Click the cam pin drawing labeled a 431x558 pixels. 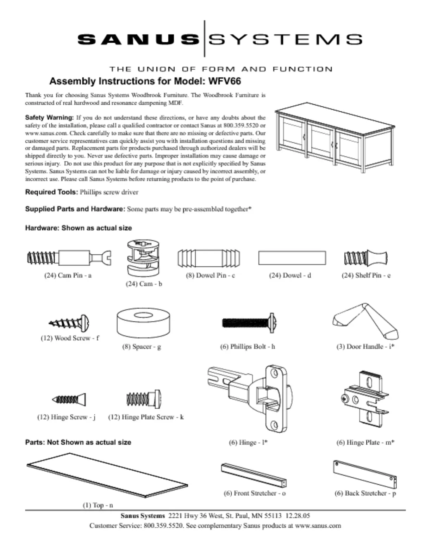[69, 258]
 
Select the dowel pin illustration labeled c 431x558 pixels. [209, 258]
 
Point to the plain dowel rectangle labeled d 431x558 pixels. [292, 258]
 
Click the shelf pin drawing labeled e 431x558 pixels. [366, 259]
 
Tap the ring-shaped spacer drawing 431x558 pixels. [143, 323]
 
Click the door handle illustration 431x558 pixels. [366, 321]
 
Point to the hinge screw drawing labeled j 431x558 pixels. [69, 399]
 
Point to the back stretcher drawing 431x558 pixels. [365, 474]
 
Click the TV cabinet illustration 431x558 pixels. [335, 137]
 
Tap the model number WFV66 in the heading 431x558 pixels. [225, 81]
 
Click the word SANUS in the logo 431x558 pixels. [138, 39]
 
